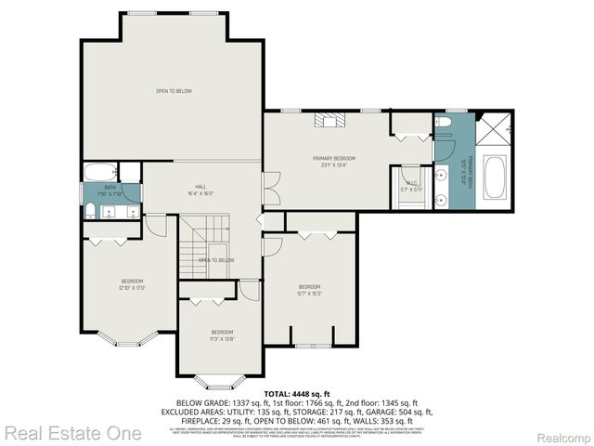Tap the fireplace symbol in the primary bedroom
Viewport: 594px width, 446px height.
coord(328,119)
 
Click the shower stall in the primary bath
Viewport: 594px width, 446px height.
coord(494,129)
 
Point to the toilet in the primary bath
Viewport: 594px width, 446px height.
coord(444,122)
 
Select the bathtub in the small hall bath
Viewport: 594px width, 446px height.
coord(99,173)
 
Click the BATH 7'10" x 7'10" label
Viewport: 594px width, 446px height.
coord(110,190)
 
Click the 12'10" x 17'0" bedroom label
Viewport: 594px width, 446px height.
coord(132,284)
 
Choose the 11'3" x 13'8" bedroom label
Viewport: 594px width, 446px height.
coord(221,335)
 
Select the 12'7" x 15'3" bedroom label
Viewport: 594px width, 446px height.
coord(309,289)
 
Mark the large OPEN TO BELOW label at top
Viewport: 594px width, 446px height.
coord(174,91)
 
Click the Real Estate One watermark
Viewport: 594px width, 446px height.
coord(73,433)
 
